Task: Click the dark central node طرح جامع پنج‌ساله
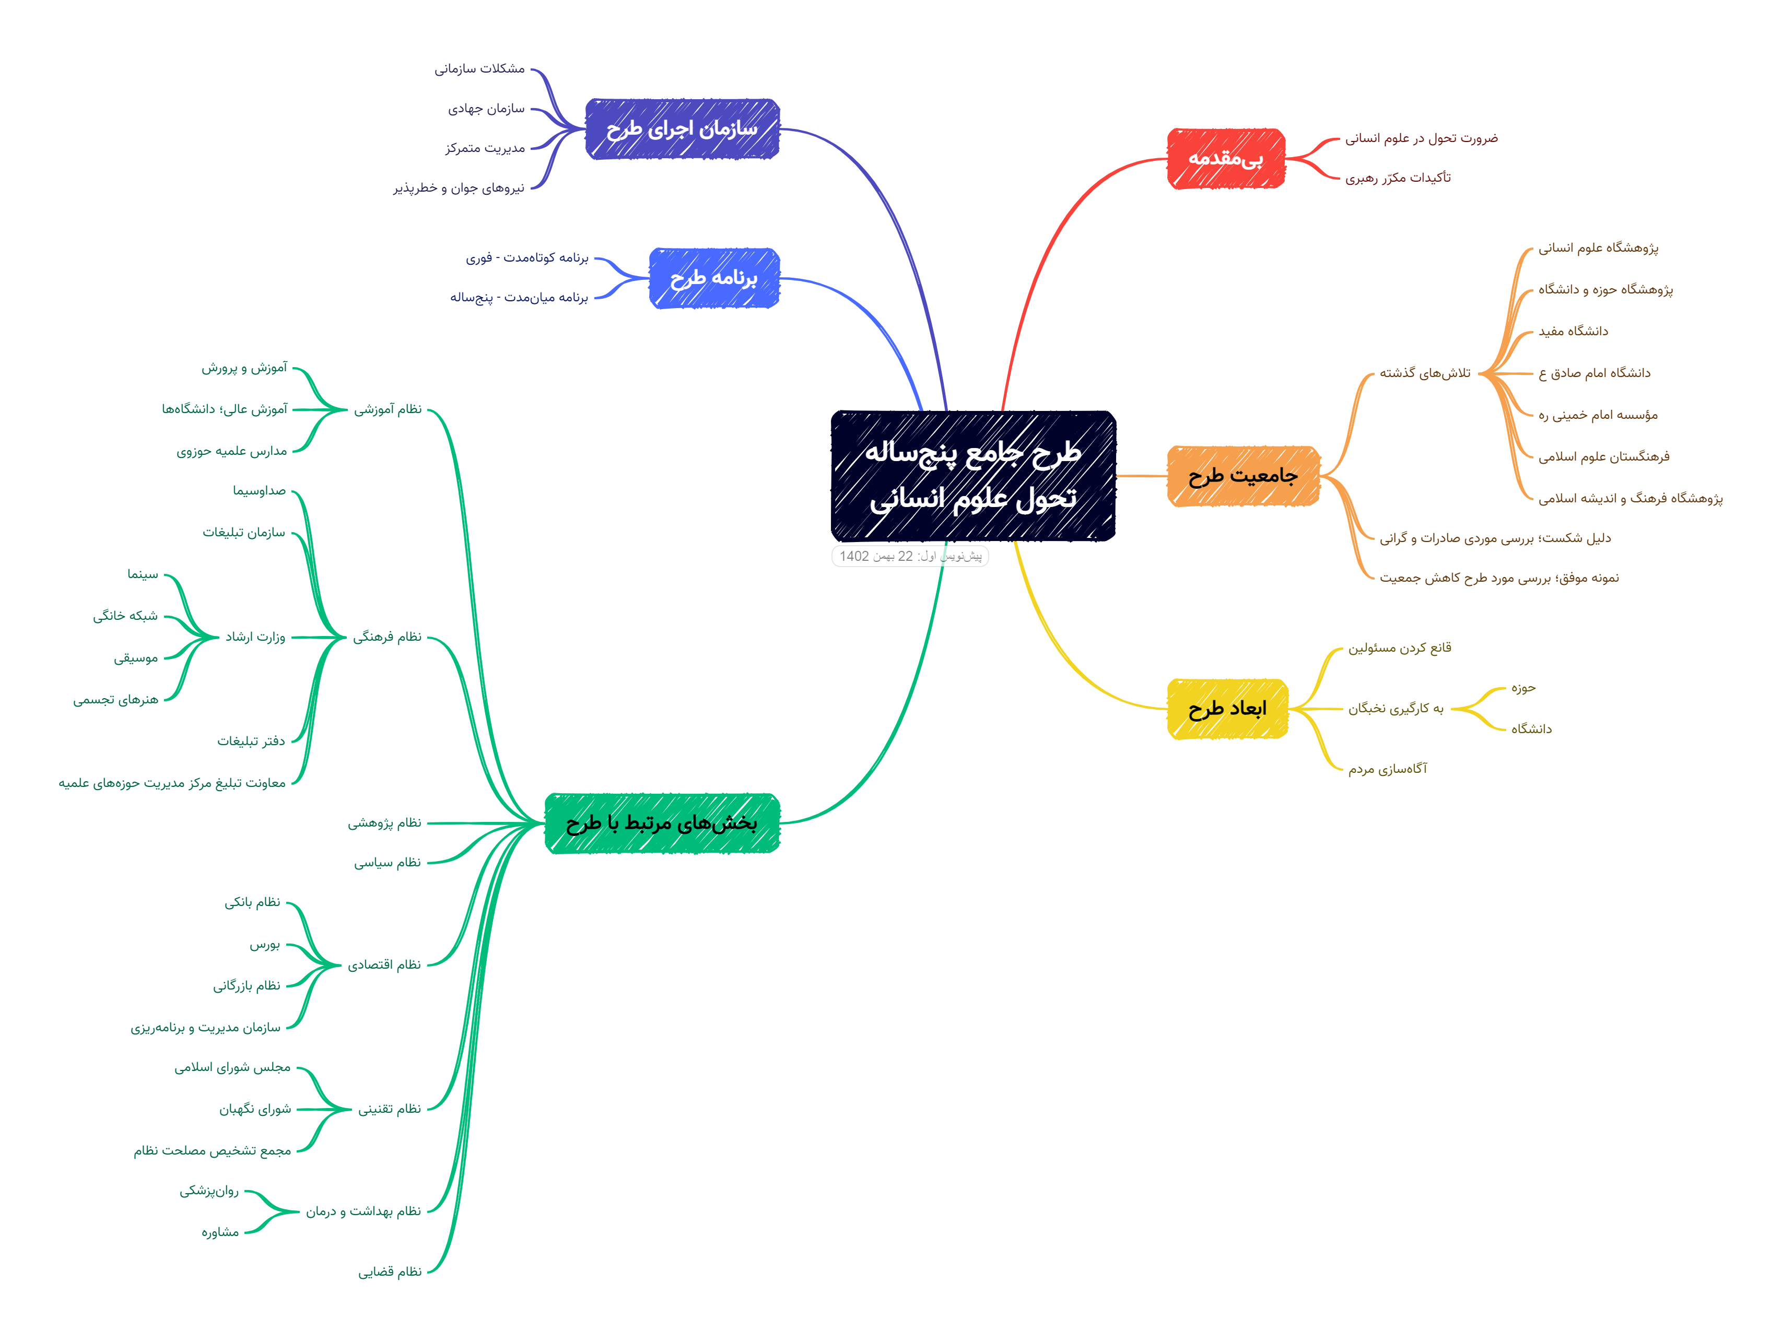coord(973,475)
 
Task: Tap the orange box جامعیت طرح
coord(1243,476)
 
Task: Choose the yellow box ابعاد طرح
coord(1227,709)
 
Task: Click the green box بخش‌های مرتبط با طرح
coord(662,822)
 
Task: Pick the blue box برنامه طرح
coord(714,278)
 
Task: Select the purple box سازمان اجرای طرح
coord(682,129)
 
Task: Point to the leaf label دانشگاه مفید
coord(1573,331)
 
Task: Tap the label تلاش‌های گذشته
coord(1424,373)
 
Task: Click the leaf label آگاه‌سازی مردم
coord(1387,769)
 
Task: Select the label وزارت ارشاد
coord(255,637)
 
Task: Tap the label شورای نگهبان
coord(255,1109)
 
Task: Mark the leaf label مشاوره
coord(220,1232)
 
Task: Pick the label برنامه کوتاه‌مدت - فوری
coord(527,258)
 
